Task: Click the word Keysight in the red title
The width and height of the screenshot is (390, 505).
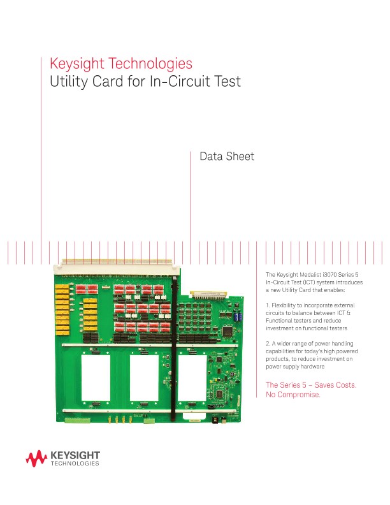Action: (x=76, y=64)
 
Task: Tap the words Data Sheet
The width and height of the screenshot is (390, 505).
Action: (x=227, y=157)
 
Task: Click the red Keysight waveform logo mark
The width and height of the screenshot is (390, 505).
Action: (x=36, y=458)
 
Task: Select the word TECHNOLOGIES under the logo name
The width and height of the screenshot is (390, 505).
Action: (x=75, y=464)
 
